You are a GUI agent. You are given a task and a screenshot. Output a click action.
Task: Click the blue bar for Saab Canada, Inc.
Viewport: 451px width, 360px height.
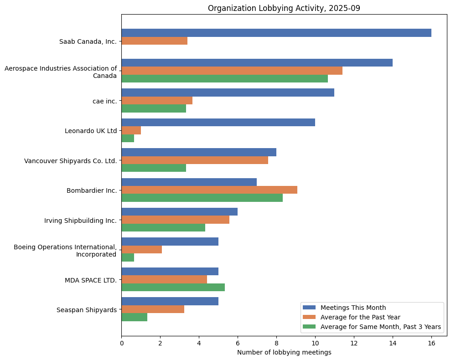[276, 33]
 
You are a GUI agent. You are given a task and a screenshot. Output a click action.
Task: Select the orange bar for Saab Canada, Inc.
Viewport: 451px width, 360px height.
[154, 41]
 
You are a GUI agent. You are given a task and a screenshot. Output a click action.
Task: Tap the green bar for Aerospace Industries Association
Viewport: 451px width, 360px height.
[224, 79]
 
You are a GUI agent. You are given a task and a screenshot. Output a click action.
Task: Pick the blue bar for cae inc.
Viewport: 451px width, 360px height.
[228, 93]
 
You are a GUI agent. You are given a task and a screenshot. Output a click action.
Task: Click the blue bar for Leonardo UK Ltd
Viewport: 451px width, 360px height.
[218, 123]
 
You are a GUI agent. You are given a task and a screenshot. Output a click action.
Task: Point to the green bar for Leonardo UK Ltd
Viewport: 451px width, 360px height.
[128, 139]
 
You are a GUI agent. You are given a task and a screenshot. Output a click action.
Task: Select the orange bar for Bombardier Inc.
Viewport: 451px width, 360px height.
[209, 190]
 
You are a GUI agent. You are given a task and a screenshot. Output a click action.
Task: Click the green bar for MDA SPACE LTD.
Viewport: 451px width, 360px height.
[173, 287]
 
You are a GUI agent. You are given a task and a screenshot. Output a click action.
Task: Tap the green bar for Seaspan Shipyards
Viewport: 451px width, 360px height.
[134, 317]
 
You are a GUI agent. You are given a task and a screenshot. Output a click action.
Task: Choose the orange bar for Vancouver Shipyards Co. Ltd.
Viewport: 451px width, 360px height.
[195, 160]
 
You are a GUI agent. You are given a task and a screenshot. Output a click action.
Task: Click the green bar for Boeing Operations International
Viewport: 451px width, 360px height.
[128, 257]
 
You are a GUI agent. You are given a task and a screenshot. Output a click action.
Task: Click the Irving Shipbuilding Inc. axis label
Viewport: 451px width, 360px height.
[80, 221]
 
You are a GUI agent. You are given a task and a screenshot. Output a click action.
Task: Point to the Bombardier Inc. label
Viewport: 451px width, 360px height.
[92, 190]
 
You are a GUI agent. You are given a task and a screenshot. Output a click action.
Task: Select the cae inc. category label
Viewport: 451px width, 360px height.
[104, 101]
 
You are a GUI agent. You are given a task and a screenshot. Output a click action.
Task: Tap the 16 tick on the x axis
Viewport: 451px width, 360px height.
[431, 343]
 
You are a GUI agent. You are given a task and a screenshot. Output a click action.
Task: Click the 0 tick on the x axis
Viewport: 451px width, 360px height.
[121, 343]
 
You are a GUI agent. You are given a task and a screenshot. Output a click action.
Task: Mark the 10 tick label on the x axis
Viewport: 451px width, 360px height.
[315, 343]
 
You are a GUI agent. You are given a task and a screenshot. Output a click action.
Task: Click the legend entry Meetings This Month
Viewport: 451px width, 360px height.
[353, 307]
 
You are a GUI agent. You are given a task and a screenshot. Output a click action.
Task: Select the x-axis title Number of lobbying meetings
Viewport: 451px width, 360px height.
[284, 352]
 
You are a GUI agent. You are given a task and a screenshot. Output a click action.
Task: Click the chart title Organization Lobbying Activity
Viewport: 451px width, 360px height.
[284, 8]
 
